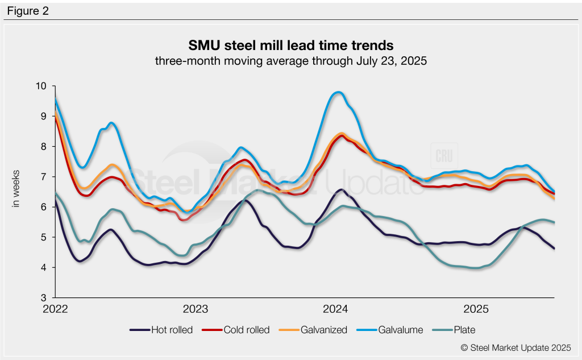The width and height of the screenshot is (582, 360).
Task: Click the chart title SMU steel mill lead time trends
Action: pos(290,45)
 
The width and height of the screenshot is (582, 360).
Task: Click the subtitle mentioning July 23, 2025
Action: pos(290,60)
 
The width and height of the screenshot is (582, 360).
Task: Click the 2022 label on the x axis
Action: pos(55,309)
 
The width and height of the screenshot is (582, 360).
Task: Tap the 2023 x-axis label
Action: pos(196,309)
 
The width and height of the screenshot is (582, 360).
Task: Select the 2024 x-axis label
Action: pos(336,309)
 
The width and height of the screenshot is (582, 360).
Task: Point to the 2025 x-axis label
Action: pos(476,309)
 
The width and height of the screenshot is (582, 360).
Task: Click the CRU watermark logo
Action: pos(442,158)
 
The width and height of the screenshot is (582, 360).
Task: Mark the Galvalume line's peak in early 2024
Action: pos(338,92)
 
